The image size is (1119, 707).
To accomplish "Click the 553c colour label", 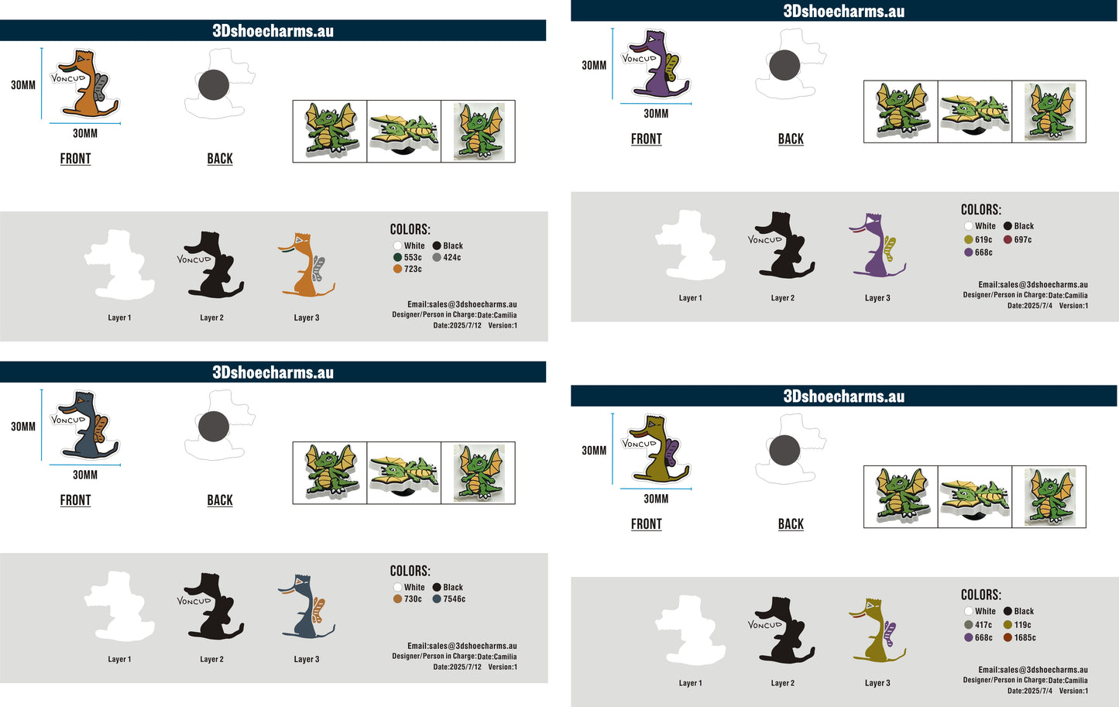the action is pos(413,257).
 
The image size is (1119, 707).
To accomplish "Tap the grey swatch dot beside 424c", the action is pos(437,257).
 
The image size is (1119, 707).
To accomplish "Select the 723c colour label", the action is pos(413,269).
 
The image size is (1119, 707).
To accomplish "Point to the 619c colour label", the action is pos(983,239).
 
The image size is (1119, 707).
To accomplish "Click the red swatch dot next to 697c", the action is pos(1007,239).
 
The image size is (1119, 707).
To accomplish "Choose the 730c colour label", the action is pos(413,599).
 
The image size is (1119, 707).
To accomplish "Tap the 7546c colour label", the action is pos(454,599).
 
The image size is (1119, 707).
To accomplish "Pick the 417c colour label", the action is pos(983,625).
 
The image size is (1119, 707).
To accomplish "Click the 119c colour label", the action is pos(1022,625).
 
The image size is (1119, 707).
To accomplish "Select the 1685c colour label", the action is pos(1025,637).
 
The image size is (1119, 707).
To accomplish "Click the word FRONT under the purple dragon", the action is pos(647,139).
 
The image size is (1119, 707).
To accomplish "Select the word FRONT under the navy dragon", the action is pos(75,500).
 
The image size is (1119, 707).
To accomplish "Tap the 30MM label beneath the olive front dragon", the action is pos(656,499).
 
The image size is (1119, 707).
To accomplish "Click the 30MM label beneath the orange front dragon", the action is pos(85,133).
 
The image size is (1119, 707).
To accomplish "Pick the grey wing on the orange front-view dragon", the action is pos(101,87).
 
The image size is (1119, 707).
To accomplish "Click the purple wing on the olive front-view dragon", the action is pos(671,452).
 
